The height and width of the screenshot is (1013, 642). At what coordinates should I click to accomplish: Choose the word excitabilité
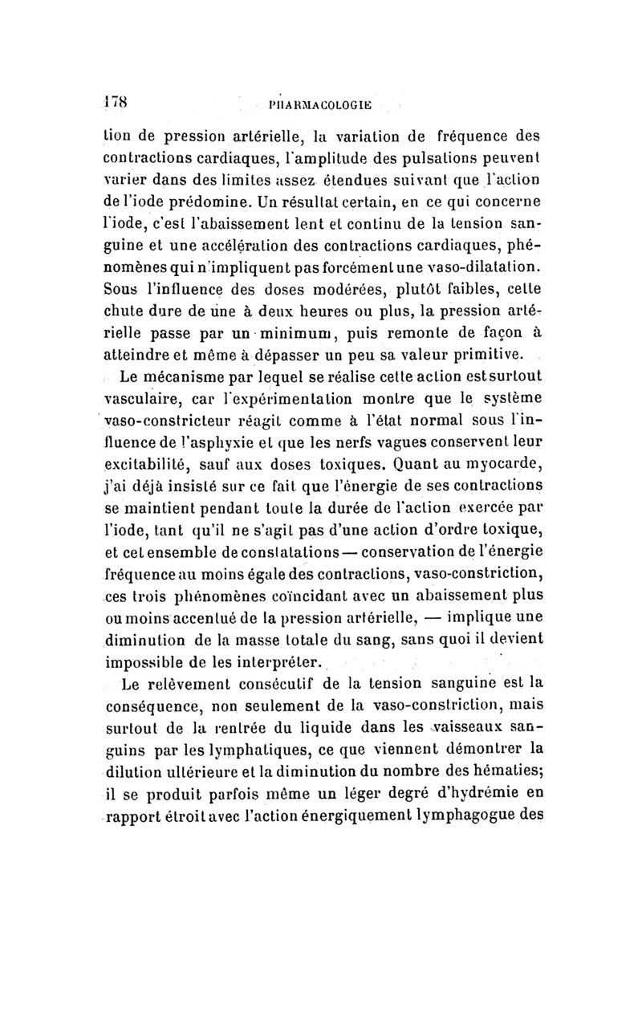tap(150, 465)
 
